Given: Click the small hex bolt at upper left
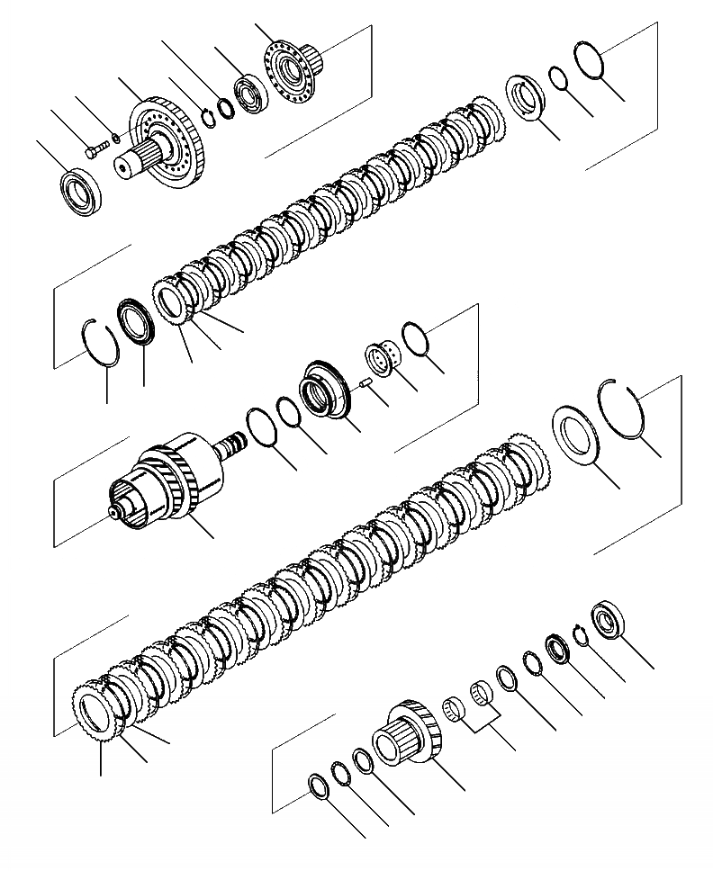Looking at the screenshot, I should [92, 150].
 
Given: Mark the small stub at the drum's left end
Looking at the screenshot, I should [114, 515].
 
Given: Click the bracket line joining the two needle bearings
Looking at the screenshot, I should [488, 725].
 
